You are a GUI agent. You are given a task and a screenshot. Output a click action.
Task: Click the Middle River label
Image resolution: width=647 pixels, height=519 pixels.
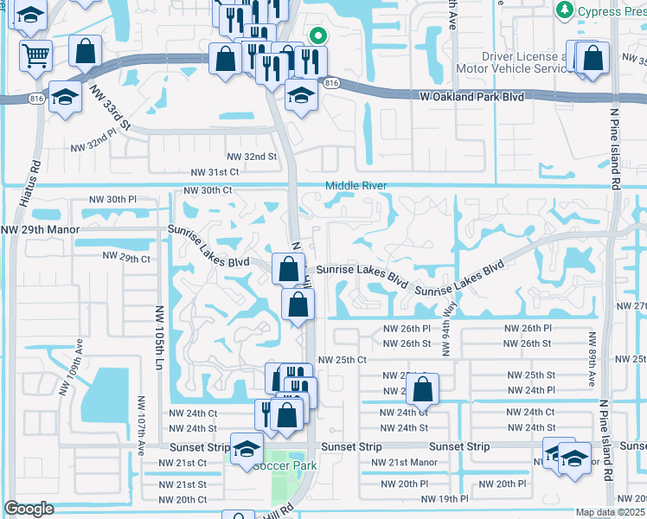click(356, 186)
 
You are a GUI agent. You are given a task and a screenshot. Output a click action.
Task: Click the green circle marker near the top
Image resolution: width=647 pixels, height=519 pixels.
click(317, 36)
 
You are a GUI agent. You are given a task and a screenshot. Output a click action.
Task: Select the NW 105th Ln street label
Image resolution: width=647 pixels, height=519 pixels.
click(160, 330)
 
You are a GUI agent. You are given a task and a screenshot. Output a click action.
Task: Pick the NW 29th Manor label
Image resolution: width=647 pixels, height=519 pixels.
click(40, 230)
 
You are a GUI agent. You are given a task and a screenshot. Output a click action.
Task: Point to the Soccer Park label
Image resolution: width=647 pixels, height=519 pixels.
click(285, 465)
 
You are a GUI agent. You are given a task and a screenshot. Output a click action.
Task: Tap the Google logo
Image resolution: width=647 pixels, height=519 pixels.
click(29, 509)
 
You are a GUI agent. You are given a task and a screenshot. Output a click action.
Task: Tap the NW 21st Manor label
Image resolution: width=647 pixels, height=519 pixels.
click(404, 463)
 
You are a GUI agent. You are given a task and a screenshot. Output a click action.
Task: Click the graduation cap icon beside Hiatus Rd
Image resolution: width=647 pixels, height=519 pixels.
click(65, 97)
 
